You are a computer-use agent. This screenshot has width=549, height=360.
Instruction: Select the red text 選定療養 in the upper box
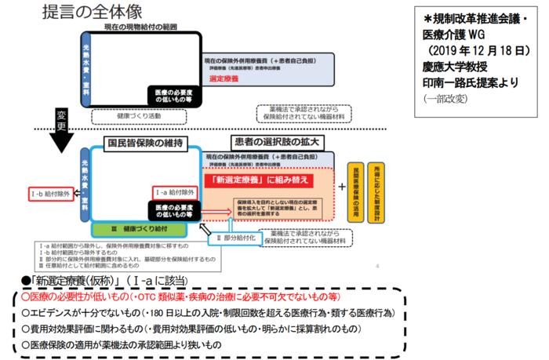click(226, 79)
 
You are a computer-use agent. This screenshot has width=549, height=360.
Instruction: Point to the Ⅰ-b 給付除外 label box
click(50, 191)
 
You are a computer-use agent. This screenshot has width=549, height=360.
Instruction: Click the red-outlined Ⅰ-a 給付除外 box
click(173, 191)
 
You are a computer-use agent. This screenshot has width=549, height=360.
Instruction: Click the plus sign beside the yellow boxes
click(342, 187)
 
